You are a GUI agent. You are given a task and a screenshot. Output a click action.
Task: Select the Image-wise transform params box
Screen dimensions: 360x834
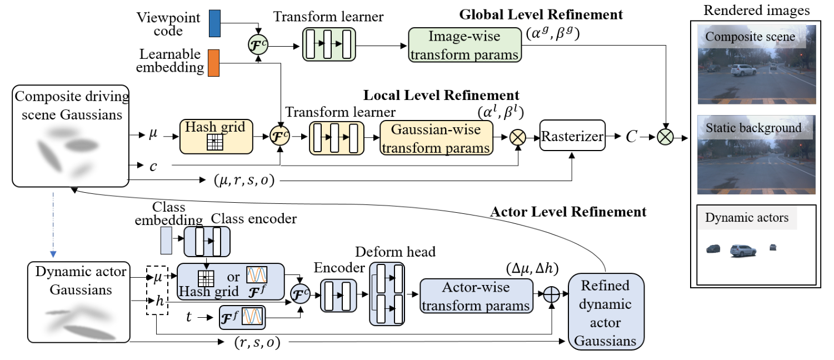tap(465, 45)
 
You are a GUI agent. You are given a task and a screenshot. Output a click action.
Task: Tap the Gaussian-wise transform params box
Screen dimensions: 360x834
tap(437, 138)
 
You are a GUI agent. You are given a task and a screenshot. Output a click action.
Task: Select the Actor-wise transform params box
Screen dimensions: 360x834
tap(476, 296)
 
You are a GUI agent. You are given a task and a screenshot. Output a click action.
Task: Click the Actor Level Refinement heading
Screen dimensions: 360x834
tap(568, 211)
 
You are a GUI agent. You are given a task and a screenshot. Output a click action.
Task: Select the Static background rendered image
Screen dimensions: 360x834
tap(756, 154)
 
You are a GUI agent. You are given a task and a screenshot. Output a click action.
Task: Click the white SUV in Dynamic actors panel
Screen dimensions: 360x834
tap(743, 251)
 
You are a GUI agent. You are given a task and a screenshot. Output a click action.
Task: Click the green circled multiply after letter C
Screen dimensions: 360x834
tap(665, 135)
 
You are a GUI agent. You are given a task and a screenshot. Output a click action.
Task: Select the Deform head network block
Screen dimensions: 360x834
tap(387, 294)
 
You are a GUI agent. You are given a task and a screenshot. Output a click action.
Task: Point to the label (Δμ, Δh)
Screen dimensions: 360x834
tap(532, 269)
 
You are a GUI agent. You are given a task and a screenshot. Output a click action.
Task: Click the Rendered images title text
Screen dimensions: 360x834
tap(756, 10)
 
